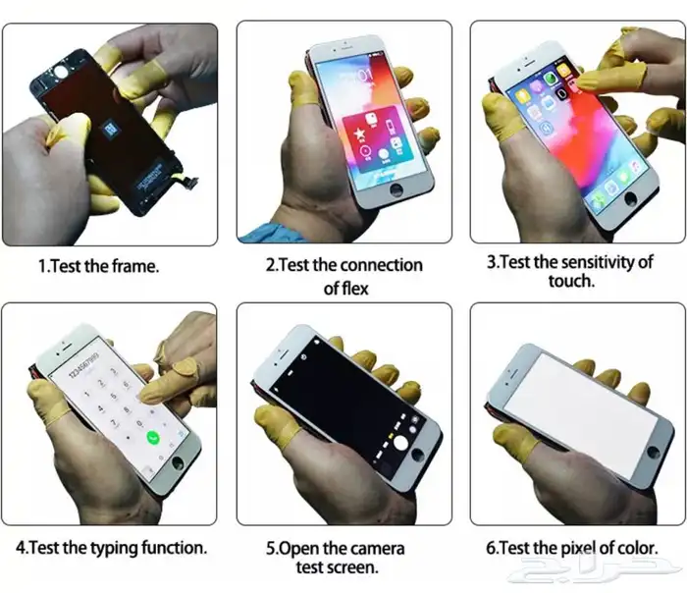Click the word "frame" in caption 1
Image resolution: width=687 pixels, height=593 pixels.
132,265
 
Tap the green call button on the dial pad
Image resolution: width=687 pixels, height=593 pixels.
153,439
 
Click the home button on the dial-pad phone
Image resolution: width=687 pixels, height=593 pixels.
178,461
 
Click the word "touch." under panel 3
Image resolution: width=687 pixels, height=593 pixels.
570,281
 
